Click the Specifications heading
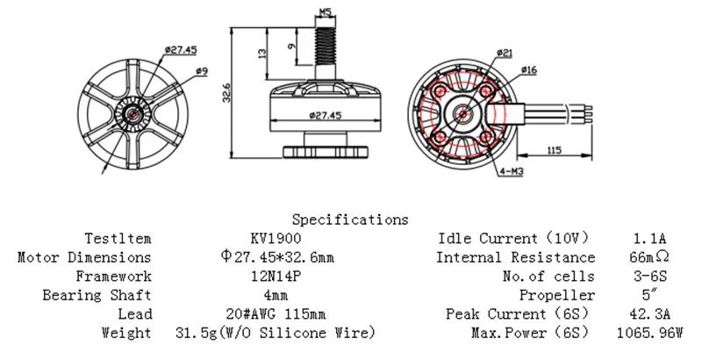click(349, 219)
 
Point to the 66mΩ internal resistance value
click(648, 257)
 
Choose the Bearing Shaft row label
click(97, 295)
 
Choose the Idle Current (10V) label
click(512, 238)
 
